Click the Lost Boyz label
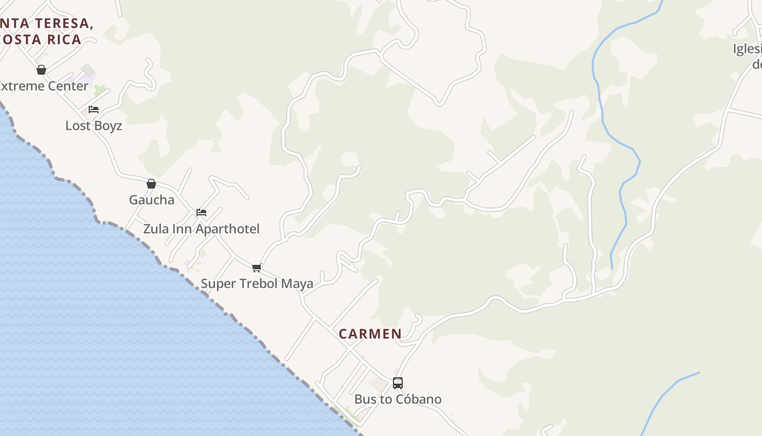(x=94, y=126)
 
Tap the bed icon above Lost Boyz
(x=94, y=110)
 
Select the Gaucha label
(x=151, y=200)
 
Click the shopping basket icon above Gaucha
(x=151, y=184)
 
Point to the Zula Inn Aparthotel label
(x=201, y=229)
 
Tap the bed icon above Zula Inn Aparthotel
(x=201, y=213)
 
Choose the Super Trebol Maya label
(x=257, y=283)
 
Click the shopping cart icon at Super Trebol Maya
(x=257, y=268)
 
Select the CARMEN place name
(x=370, y=334)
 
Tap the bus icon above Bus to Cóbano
(x=398, y=383)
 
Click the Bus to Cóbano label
(x=398, y=399)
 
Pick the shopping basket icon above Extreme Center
(x=41, y=70)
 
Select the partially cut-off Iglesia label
(x=747, y=50)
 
